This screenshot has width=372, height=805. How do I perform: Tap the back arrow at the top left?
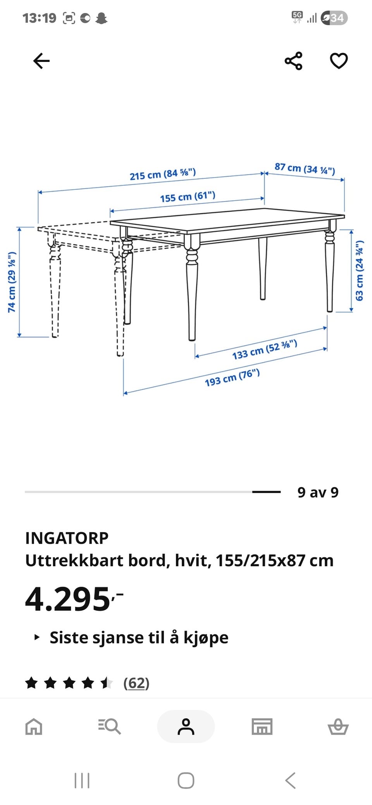coord(41,61)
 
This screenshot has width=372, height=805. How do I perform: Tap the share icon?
coord(293,61)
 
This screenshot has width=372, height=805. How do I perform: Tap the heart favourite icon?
coord(339,61)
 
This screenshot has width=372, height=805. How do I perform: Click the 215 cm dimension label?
coord(163,174)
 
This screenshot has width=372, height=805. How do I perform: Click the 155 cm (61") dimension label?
coord(188,197)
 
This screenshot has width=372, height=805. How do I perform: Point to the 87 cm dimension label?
coord(305,168)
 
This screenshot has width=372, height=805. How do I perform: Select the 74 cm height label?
coord(12,282)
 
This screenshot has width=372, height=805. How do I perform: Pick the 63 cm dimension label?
coord(360,271)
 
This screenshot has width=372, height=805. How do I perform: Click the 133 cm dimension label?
coord(265,349)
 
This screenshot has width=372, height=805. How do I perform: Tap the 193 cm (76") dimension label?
coord(232,377)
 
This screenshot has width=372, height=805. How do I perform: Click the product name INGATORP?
coord(67,538)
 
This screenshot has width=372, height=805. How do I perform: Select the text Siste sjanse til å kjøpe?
coord(139,637)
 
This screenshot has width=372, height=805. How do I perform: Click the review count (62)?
coord(136,683)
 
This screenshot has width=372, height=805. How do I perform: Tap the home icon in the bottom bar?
coord(34,726)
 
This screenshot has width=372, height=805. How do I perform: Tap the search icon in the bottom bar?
coord(110,726)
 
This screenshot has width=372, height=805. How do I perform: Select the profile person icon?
coord(186,726)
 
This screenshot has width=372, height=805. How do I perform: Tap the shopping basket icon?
coord(338,726)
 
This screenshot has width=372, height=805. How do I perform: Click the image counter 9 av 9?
coord(318,492)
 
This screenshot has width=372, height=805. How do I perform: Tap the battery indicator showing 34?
coord(334,18)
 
